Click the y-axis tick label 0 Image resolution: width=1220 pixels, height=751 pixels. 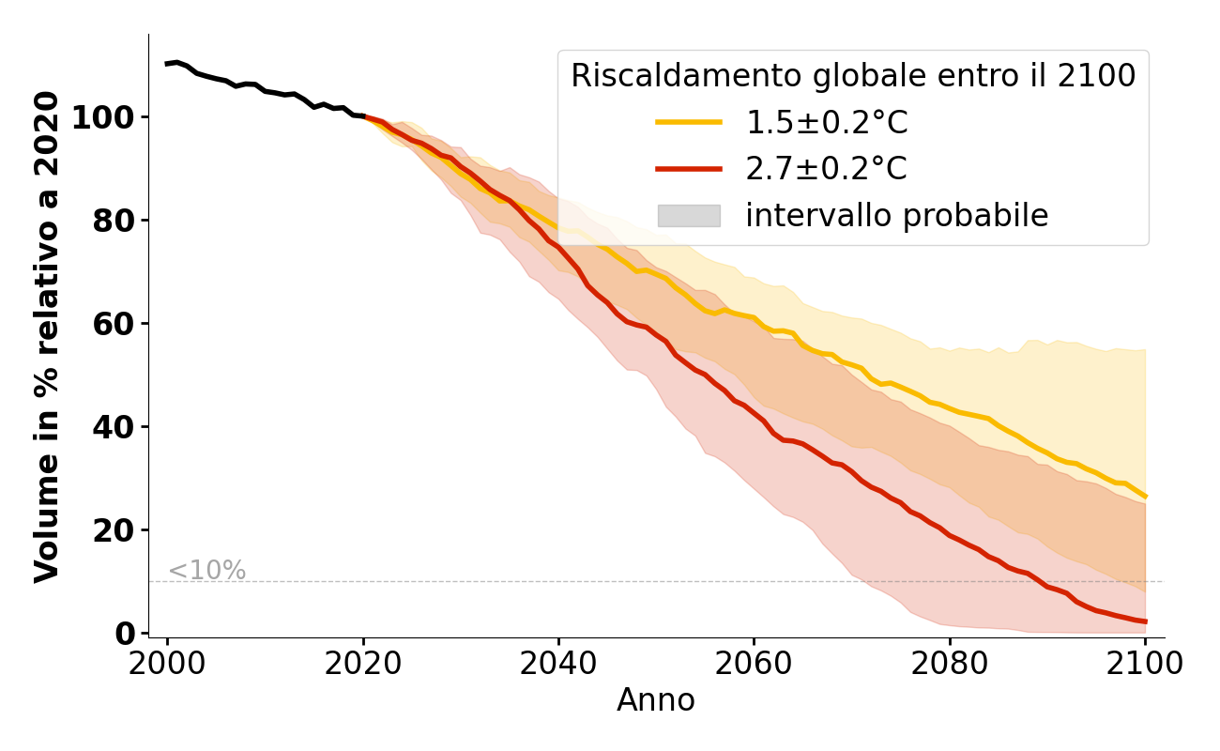[x=126, y=635]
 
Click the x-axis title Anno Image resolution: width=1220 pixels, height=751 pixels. [x=656, y=700]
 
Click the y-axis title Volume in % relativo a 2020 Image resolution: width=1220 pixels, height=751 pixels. [x=48, y=336]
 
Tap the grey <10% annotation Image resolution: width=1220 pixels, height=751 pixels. [x=206, y=571]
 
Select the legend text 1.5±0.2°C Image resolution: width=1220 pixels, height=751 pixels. [x=826, y=123]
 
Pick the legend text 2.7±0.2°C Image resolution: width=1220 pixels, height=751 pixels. [x=826, y=169]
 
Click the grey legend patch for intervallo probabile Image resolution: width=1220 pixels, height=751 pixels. [x=689, y=216]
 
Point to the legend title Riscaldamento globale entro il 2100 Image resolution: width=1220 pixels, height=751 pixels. [x=853, y=76]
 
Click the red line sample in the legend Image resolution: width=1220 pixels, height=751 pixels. [x=689, y=169]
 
